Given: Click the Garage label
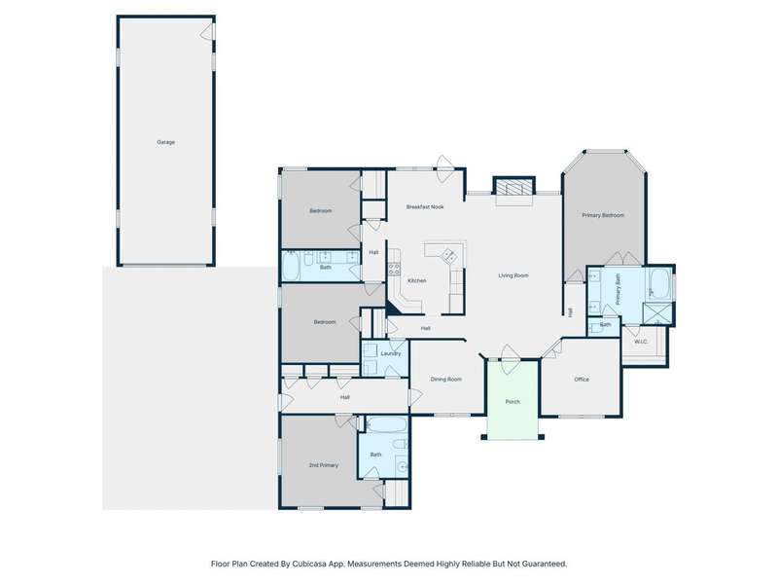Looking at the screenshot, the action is pos(165,142).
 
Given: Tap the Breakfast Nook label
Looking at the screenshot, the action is pos(425,206).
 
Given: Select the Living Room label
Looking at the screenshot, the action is pos(513,275).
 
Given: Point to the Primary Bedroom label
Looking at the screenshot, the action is pos(603,215).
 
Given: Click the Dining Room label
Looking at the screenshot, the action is pos(446,379).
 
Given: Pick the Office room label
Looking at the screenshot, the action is pos(582,379).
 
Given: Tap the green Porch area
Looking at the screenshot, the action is pos(513,400).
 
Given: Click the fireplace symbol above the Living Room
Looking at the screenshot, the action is pos(514,187).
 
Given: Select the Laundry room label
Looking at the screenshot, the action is pos(391,353).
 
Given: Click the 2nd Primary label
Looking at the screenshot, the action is pos(324,465).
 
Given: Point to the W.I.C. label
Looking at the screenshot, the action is pos(641,342).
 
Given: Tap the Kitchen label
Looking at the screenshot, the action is pos(417,280).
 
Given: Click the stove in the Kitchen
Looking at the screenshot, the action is pos(394,270).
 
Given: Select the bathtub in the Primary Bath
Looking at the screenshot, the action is pos(659,283).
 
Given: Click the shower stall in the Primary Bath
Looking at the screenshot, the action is pos(657,312).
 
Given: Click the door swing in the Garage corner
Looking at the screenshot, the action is pos(207,32).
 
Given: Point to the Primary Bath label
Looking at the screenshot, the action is pos(619,289).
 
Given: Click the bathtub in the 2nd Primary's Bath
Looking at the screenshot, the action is pos(387,425).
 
